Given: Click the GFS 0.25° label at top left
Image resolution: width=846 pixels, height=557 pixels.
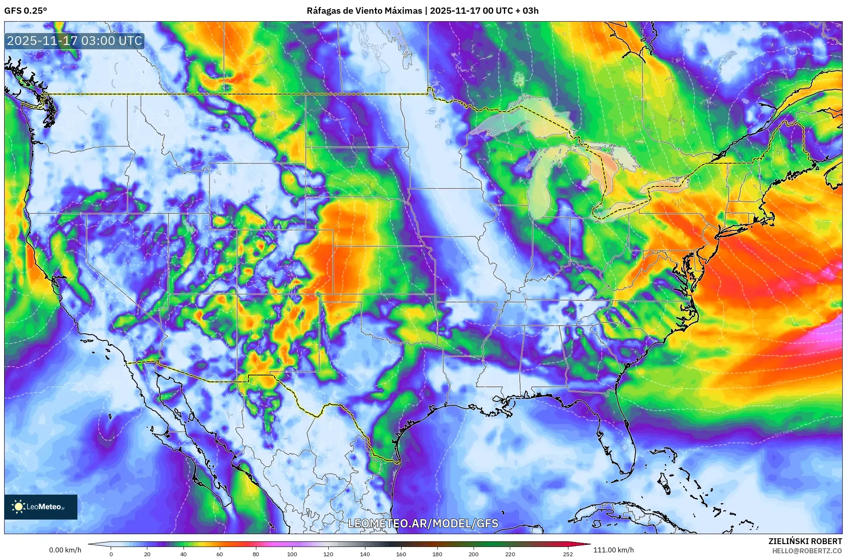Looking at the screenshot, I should [25, 11].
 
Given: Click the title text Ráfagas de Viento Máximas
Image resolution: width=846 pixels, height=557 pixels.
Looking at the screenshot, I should [364, 11].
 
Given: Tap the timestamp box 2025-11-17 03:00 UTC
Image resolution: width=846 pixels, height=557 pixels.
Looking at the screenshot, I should [74, 41].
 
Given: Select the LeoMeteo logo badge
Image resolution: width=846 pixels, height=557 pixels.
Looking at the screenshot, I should [41, 507].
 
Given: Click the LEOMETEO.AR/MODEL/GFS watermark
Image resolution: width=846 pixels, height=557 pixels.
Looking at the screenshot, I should [423, 523].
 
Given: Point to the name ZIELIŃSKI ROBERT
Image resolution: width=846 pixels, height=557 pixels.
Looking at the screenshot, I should [805, 541].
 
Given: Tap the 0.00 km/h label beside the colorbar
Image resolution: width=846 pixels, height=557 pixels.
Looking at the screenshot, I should [65, 550].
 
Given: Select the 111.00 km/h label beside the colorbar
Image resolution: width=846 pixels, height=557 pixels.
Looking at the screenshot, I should [613, 550].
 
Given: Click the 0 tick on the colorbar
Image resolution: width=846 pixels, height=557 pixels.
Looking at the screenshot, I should [111, 554].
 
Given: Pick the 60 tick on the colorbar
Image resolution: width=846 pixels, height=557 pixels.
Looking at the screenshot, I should [220, 554].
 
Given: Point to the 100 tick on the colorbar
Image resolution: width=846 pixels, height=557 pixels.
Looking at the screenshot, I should [292, 554].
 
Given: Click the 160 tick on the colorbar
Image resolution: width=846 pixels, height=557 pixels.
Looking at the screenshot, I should [401, 554].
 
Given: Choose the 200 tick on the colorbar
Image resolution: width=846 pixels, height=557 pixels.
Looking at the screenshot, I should [474, 554].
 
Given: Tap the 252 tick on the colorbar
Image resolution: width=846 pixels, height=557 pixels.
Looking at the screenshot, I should [568, 554].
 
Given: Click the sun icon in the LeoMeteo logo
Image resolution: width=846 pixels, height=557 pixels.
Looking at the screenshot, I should [18, 507].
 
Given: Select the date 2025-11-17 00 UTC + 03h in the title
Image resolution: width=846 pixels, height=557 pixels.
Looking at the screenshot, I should [484, 11].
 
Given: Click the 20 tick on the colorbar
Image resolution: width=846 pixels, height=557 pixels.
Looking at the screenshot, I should [147, 554].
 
